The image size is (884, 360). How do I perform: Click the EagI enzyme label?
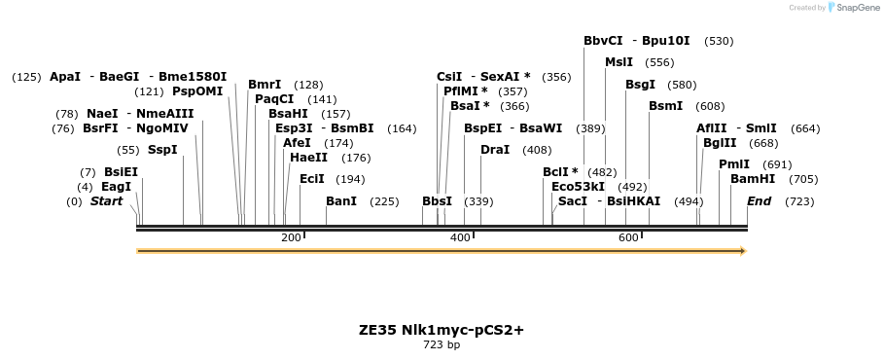[x=116, y=187]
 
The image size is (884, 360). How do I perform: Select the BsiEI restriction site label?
[x=122, y=172]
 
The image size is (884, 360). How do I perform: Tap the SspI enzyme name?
[x=162, y=150]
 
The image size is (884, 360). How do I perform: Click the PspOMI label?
[x=197, y=91]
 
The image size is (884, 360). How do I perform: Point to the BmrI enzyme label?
[x=265, y=85]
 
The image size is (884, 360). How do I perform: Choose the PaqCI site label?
[x=274, y=98]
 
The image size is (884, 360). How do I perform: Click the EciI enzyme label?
[x=312, y=179]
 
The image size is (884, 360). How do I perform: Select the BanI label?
[x=341, y=201]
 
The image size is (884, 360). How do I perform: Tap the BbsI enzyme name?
[x=437, y=201]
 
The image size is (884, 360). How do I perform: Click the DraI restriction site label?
[x=495, y=150]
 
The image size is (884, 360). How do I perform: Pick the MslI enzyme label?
[x=619, y=62]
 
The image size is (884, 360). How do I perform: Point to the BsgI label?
[x=641, y=85]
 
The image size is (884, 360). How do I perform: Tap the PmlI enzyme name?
[x=734, y=164]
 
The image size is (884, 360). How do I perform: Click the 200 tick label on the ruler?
[x=291, y=238]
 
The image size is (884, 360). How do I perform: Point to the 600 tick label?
[x=628, y=238]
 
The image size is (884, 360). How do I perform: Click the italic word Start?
[x=107, y=201]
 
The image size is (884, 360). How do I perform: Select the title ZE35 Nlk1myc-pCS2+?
[x=442, y=330]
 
